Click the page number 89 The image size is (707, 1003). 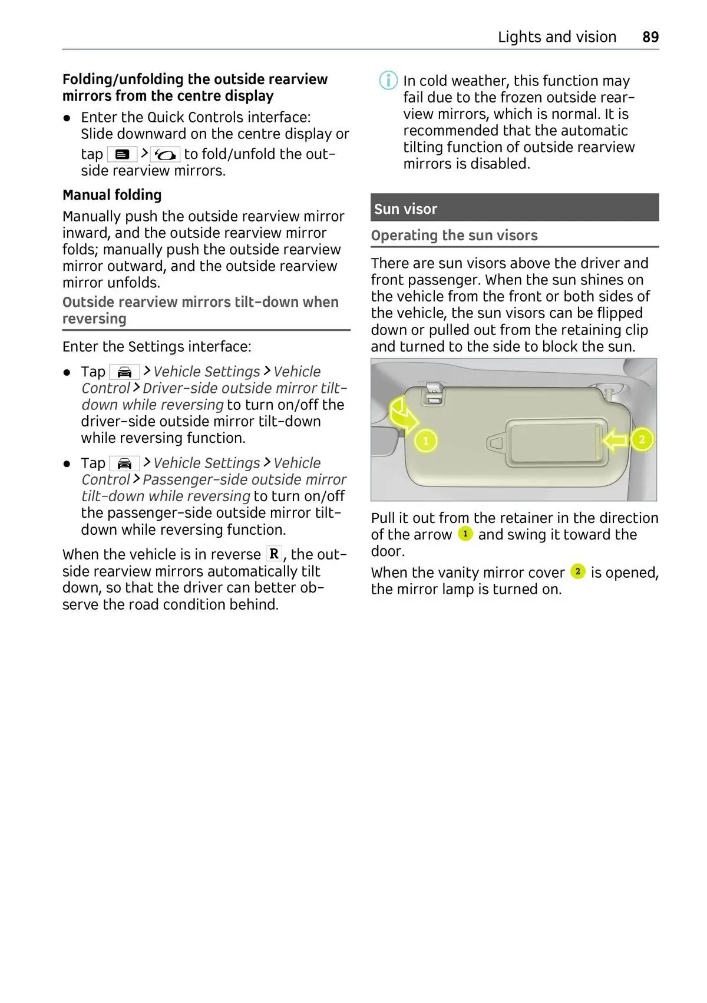pos(650,37)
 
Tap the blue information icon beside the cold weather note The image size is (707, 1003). pos(388,80)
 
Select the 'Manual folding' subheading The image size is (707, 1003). pos(112,195)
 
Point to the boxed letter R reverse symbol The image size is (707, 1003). pos(274,554)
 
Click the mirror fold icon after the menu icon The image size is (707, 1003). pos(166,154)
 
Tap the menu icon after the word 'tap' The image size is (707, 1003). pos(122,154)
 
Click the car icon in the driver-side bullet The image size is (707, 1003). pos(124,372)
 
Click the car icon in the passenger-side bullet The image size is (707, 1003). pos(124,464)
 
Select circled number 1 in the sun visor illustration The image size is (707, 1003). pos(426,441)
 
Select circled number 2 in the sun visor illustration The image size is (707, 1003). pos(642,439)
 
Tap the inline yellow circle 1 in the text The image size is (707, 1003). pos(465,534)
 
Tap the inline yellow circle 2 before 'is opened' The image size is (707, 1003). pos(578,571)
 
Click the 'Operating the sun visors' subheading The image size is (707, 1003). pos(454,236)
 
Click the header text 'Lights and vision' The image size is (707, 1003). pos(557,37)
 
